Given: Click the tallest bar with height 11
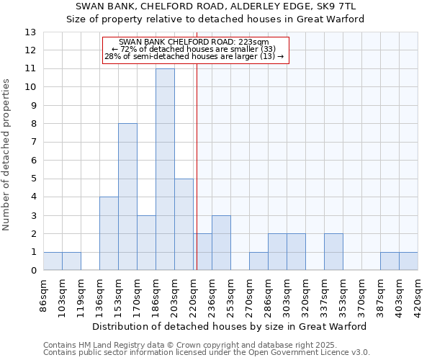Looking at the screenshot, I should [x=165, y=169].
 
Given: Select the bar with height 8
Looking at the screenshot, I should [x=127, y=197].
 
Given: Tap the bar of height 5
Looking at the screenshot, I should [x=184, y=224].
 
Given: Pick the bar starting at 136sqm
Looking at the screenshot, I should [x=109, y=233].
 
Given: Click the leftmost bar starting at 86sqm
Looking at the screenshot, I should [x=53, y=261].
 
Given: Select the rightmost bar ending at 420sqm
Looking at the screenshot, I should [x=408, y=261].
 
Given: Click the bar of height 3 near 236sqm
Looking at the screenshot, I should [x=221, y=243].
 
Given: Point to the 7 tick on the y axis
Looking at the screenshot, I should [x=33, y=142].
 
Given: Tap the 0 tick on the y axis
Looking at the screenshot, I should [x=33, y=271].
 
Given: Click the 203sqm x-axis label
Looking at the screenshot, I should [x=175, y=293].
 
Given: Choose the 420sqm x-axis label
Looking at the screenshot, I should [x=418, y=293].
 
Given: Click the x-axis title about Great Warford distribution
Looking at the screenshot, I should [x=230, y=326].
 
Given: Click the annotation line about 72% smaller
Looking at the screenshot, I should [x=194, y=49].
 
